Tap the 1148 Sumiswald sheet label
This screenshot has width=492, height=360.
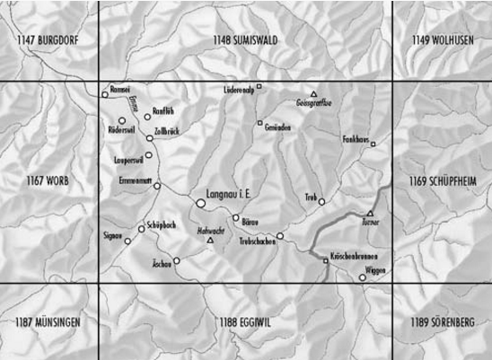click(x=245, y=40)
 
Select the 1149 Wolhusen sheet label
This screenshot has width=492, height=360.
click(x=442, y=40)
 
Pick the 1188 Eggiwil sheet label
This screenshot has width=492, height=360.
click(x=245, y=321)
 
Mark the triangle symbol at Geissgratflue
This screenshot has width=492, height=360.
click(x=313, y=94)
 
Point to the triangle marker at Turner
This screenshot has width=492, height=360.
click(x=370, y=214)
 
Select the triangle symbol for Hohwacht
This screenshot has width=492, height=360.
click(x=210, y=241)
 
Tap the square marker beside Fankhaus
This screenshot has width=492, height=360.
click(x=373, y=144)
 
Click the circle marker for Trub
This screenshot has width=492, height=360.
click(x=321, y=202)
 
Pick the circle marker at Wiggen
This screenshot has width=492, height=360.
click(x=363, y=277)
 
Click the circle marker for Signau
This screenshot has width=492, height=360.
click(x=128, y=241)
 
